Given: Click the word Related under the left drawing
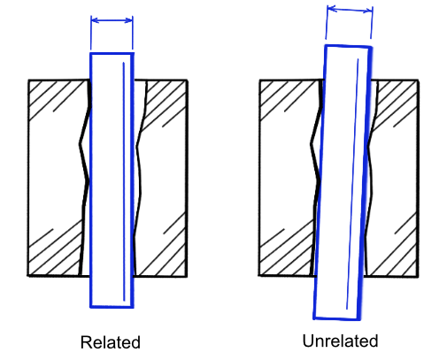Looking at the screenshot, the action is tap(111, 342).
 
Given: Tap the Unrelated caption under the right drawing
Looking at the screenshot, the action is tap(340, 341).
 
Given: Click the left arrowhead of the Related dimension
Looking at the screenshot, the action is tap(95, 20).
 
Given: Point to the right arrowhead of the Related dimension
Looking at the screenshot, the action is tap(129, 20).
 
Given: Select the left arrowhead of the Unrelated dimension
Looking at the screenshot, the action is tap(332, 9).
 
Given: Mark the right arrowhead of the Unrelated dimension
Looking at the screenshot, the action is tap(368, 11).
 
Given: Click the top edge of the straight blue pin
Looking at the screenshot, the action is tap(112, 54).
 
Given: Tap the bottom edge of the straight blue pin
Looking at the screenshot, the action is tap(112, 307).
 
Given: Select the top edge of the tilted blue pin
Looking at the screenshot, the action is tap(348, 46).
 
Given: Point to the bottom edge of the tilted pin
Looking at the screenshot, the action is tap(336, 318).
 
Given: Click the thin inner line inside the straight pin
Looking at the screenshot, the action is tap(124, 181).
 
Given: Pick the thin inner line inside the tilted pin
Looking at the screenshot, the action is tap(352, 184).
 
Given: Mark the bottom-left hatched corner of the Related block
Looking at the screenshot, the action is tap(55, 250).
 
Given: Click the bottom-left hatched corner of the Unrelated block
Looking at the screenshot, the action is tap(286, 250).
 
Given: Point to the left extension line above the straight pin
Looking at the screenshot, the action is tap(91, 33).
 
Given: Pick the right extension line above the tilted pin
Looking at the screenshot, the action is tap(372, 23).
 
